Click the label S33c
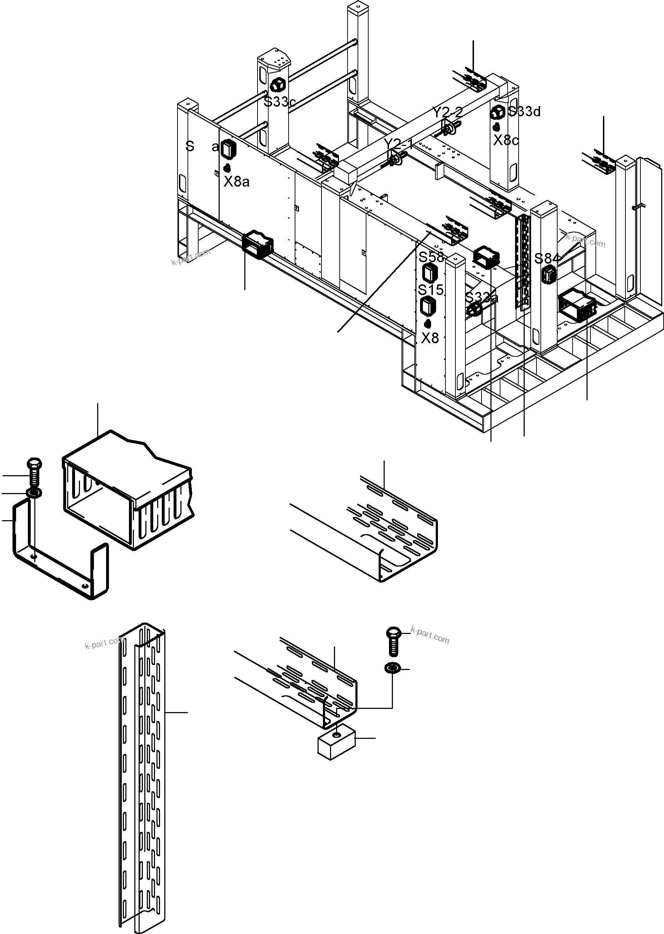(x=279, y=102)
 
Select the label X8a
(x=236, y=181)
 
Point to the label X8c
(x=506, y=141)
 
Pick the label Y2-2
(x=447, y=112)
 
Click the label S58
(x=431, y=257)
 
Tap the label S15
(x=430, y=290)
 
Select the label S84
(x=546, y=259)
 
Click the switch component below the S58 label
(x=430, y=273)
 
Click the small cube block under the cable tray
(x=336, y=746)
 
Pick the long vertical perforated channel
(x=143, y=772)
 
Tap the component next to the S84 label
(x=549, y=274)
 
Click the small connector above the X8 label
(x=427, y=324)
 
